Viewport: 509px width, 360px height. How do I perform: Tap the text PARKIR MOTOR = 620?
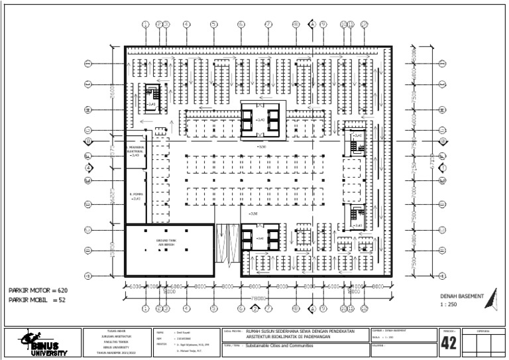click(38, 290)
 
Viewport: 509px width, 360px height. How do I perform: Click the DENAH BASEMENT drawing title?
click(462, 296)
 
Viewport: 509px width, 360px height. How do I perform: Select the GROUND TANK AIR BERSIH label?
click(165, 242)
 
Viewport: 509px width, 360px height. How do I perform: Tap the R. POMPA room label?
click(137, 196)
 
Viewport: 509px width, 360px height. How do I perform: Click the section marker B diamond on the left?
click(87, 141)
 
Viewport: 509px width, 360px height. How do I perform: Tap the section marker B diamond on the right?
click(442, 141)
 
